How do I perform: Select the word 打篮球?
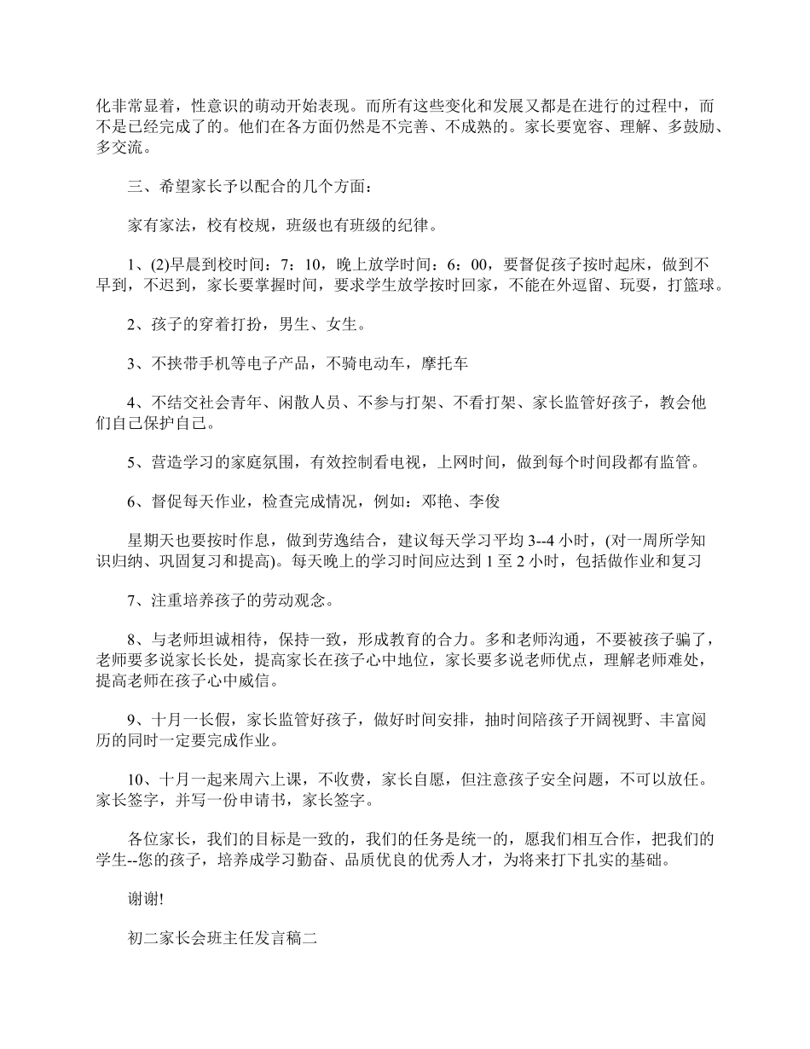(697, 286)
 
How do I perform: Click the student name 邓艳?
(436, 502)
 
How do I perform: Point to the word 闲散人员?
(312, 403)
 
